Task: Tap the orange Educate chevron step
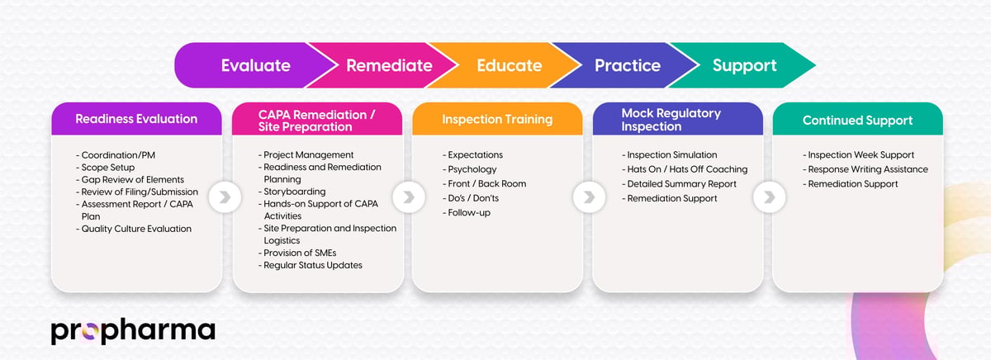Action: pyautogui.click(x=509, y=65)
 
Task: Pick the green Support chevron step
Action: pyautogui.click(x=744, y=65)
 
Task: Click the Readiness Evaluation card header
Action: pyautogui.click(x=136, y=119)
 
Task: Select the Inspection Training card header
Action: pyautogui.click(x=497, y=119)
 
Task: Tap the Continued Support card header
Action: pyautogui.click(x=857, y=121)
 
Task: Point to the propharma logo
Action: pyautogui.click(x=132, y=330)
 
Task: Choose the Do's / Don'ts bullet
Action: pyautogui.click(x=473, y=198)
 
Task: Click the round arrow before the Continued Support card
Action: pyautogui.click(x=768, y=197)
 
